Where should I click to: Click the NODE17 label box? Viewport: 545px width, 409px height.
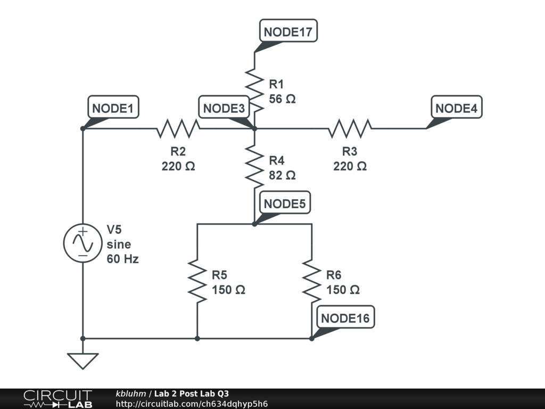(x=288, y=31)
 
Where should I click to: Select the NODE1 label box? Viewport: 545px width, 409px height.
(x=113, y=107)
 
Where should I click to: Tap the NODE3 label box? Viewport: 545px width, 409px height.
(x=224, y=107)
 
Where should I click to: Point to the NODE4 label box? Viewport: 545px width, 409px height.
(x=456, y=107)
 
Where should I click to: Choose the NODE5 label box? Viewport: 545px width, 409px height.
(x=285, y=203)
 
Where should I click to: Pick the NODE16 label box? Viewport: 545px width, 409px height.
(x=345, y=317)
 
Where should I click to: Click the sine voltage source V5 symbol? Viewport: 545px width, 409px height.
(x=82, y=243)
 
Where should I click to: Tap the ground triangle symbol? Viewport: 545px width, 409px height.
(x=82, y=361)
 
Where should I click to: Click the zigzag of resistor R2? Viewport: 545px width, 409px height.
(x=178, y=129)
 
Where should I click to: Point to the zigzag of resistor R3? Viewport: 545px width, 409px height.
(x=350, y=129)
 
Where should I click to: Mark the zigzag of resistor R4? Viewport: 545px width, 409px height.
(x=254, y=167)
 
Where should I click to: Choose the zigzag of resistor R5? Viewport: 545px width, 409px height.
(x=197, y=281)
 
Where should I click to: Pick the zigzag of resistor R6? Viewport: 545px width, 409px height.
(x=312, y=281)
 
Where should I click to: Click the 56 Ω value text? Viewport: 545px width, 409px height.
(x=282, y=99)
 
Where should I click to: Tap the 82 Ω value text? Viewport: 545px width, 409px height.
(x=282, y=175)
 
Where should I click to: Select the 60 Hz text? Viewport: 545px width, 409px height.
(x=123, y=259)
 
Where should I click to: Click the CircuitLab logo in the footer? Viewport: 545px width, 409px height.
(x=57, y=399)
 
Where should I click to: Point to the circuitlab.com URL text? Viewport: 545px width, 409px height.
(x=192, y=404)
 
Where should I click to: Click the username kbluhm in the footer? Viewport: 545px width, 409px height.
(x=131, y=394)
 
